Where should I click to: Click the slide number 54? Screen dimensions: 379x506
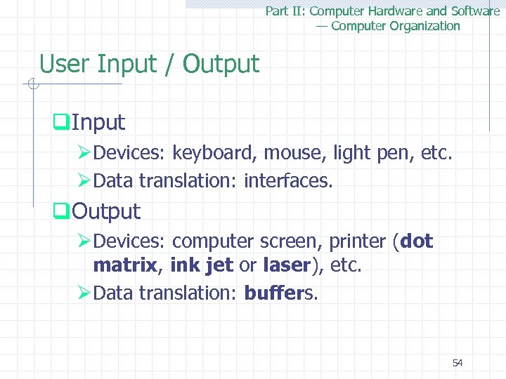point(457,363)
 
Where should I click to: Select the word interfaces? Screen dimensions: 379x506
point(287,181)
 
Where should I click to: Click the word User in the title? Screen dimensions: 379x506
point(65,65)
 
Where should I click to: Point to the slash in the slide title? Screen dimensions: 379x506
point(169,65)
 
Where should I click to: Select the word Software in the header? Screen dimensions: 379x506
point(474,11)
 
